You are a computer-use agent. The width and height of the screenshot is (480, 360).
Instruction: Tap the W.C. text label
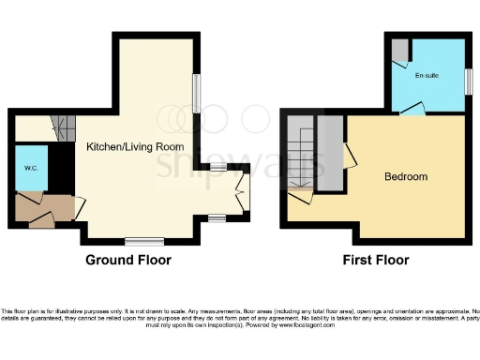[x=31, y=169]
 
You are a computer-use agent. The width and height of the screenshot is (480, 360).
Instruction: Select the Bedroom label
[x=405, y=176]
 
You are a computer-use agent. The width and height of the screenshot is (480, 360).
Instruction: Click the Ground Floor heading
[x=127, y=259]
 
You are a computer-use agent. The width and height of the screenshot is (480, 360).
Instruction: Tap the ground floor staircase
[x=62, y=125]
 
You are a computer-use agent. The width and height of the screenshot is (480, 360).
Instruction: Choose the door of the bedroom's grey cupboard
[x=349, y=156]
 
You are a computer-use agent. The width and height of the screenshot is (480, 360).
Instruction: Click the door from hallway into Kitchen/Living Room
[x=81, y=203]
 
